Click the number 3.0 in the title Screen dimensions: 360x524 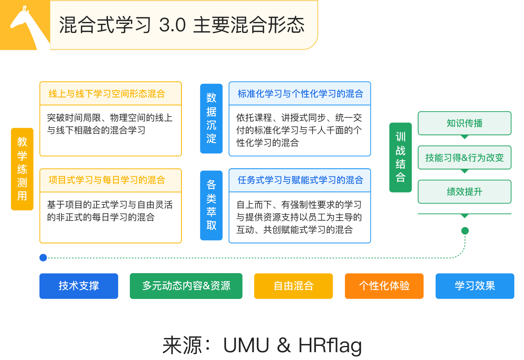point(172,25)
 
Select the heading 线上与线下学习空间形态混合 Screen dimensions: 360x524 point(107,94)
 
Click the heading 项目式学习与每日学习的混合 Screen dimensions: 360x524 point(107,180)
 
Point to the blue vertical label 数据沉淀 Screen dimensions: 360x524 point(211,118)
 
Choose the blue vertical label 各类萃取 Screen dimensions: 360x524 point(211,205)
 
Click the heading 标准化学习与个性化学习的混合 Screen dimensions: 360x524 point(300,94)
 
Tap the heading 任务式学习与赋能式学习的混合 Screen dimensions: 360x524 point(300,180)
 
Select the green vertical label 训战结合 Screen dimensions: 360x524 point(400,157)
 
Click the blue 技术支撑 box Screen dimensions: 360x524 point(79,286)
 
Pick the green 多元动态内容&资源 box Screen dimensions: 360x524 point(186,286)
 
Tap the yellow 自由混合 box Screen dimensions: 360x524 point(294,286)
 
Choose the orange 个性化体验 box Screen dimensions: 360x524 point(384,286)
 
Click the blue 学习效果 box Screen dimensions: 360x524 point(475,286)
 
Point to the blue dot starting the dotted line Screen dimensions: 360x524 point(43,257)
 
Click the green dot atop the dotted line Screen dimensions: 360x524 point(465,231)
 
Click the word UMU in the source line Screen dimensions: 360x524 point(246,345)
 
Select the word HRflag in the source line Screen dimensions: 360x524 point(330,345)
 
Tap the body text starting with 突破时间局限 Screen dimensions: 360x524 point(110,124)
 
